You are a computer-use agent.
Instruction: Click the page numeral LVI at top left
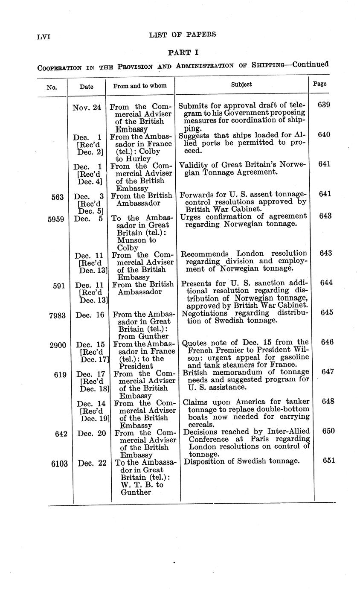pos(44,37)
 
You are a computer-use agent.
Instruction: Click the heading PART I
pos(183,52)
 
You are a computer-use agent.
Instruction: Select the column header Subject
pos(241,85)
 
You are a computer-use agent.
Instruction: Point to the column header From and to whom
pos(140,86)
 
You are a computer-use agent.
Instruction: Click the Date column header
pos(86,86)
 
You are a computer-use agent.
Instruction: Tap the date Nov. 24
pos(87,108)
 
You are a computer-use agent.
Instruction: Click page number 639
pos(324,105)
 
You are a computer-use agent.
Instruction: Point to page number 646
pos(328,342)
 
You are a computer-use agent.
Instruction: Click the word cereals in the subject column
pos(201,425)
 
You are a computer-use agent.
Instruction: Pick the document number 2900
pos(58,345)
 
